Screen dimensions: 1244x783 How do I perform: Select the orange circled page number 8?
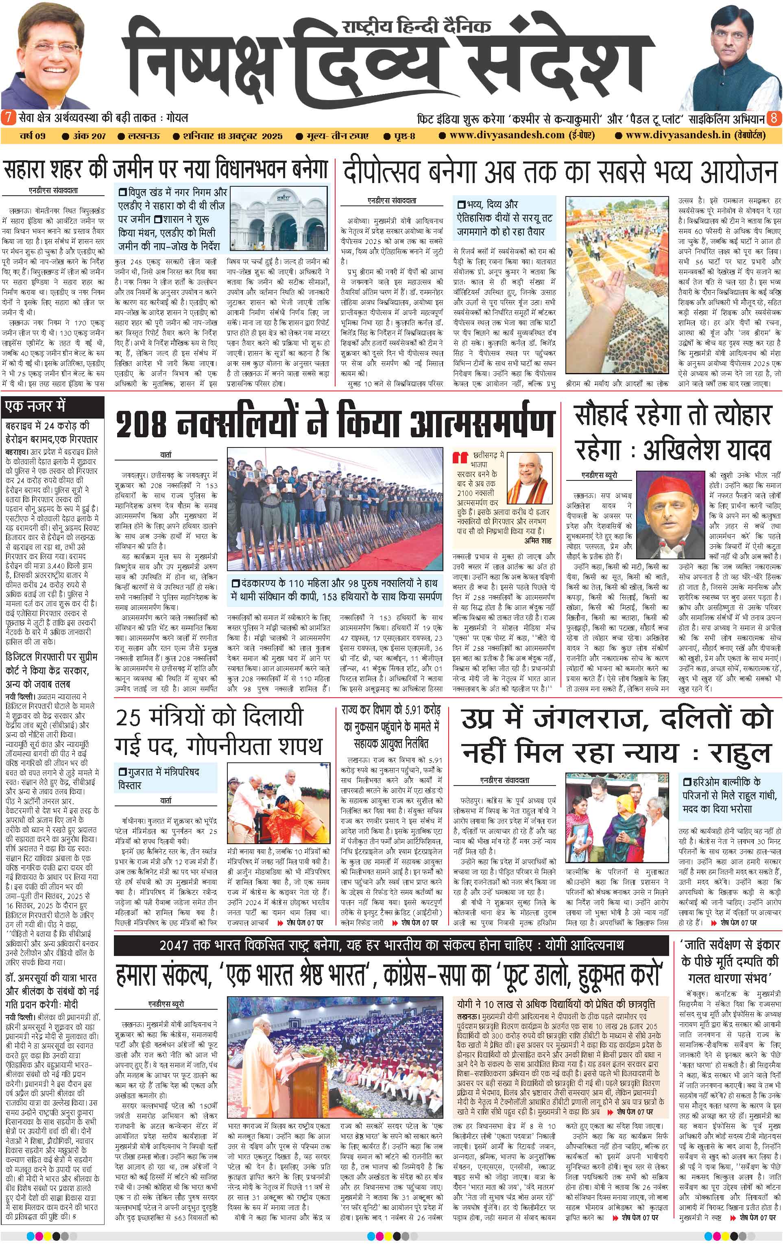click(x=774, y=117)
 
